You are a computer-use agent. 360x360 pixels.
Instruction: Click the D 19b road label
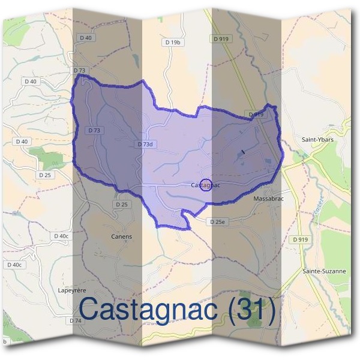coord(172,43)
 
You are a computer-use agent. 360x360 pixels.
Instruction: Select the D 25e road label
coord(219,222)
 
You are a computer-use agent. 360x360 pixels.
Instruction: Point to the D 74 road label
coord(75,321)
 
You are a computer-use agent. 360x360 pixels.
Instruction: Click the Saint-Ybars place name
coord(317,140)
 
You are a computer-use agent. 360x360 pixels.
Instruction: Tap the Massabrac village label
coord(268,198)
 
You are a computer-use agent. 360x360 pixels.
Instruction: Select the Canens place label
coord(121,236)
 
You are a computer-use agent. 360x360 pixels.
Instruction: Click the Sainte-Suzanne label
coord(324,271)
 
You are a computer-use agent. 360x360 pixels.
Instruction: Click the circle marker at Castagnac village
coord(206,185)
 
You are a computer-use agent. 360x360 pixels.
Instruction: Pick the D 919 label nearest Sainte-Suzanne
coord(301,239)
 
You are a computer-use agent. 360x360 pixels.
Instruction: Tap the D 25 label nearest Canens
coord(122,205)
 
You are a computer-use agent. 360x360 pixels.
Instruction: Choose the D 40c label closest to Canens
coord(61,236)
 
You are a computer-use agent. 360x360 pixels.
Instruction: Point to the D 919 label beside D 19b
coord(220,38)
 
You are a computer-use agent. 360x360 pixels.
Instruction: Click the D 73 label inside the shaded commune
coord(94,130)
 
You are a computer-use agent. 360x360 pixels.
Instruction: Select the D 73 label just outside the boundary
coord(80,70)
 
